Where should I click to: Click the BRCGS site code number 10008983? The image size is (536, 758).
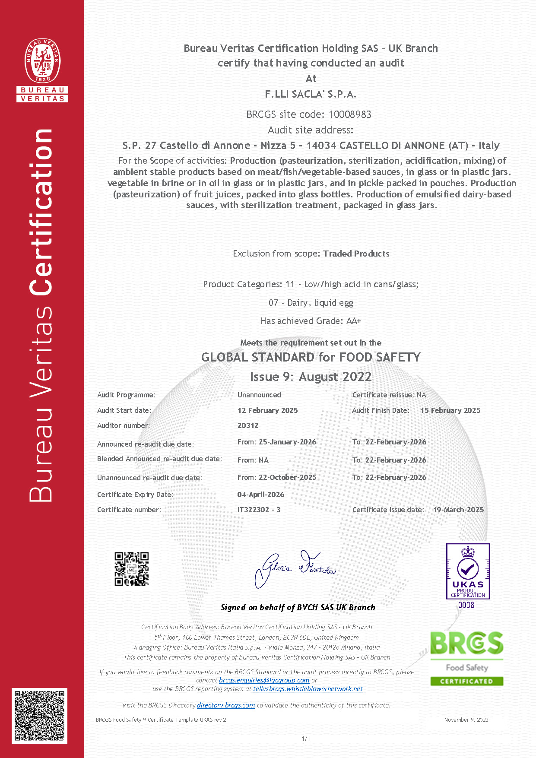point(350,114)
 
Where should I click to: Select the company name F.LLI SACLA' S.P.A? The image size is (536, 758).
point(311,94)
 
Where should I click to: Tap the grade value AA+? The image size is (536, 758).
point(354,321)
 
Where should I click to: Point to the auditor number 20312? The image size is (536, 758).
point(248,425)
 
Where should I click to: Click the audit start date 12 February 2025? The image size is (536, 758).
point(267,410)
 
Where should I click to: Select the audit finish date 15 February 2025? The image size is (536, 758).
point(450,410)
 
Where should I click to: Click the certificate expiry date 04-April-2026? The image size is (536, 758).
point(260,495)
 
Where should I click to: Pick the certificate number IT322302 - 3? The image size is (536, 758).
point(259,510)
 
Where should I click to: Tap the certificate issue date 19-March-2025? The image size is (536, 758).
point(458,510)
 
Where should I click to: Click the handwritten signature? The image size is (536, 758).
point(295,568)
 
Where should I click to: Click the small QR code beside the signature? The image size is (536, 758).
point(132,569)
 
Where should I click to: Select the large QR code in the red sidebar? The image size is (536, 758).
point(39,716)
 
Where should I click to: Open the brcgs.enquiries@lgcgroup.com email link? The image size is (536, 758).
point(264,680)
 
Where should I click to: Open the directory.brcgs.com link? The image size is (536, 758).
point(226,705)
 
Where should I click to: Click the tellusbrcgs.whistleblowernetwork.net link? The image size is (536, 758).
point(308,689)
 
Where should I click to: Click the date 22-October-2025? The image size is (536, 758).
point(287,477)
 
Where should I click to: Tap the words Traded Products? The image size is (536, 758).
point(356,254)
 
